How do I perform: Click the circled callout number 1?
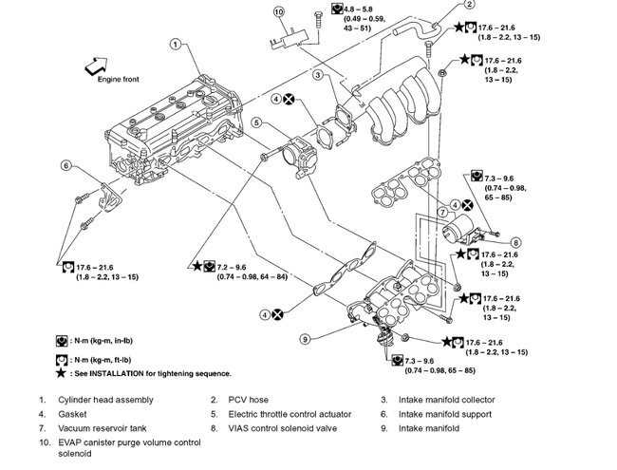pyautogui.click(x=176, y=43)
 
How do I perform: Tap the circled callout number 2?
pyautogui.click(x=442, y=4)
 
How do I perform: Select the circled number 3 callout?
pyautogui.click(x=320, y=75)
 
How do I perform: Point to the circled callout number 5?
pyautogui.click(x=256, y=122)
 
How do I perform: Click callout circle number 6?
pyautogui.click(x=66, y=166)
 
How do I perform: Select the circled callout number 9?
pyautogui.click(x=306, y=338)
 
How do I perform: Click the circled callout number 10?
pyautogui.click(x=278, y=11)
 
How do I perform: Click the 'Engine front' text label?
pyautogui.click(x=119, y=80)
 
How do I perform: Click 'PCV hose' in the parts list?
pyautogui.click(x=249, y=400)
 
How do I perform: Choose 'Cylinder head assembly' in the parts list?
pyautogui.click(x=105, y=400)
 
